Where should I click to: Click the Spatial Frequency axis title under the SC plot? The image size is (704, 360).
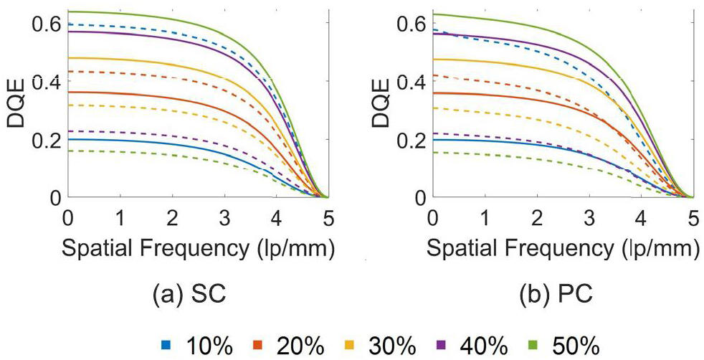[199, 249]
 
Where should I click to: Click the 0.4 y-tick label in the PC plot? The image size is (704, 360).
[410, 82]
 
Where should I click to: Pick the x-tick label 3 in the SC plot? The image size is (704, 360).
[224, 217]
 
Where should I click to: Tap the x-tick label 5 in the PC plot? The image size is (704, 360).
[693, 217]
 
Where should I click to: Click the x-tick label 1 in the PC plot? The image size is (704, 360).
[485, 217]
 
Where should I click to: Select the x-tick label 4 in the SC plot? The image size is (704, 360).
[276, 217]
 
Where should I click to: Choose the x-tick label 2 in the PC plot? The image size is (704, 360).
[537, 217]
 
